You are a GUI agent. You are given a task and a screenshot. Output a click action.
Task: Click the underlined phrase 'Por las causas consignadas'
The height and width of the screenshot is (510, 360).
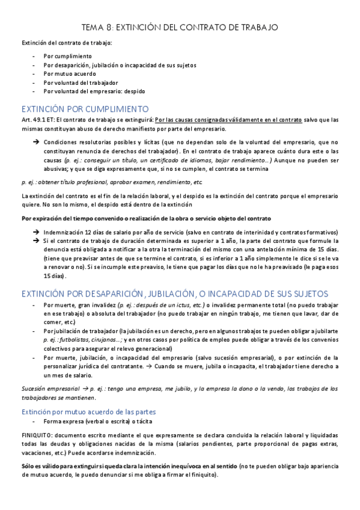[191, 120]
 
